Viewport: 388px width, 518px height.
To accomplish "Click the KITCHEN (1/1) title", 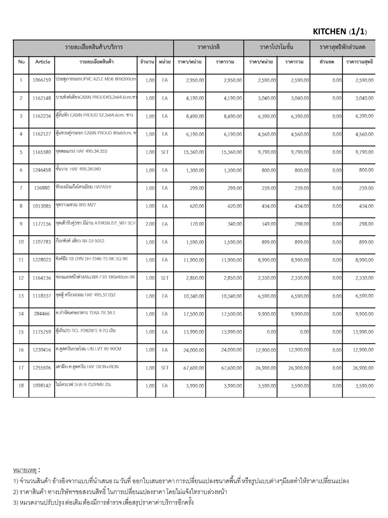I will coord(339,32).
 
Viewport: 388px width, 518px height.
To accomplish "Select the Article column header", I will coord(43,62).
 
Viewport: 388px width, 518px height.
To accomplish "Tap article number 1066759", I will coord(42,80).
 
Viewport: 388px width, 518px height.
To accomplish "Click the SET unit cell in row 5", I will coord(165,152).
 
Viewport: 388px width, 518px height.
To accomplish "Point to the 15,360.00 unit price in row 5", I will coord(194,152).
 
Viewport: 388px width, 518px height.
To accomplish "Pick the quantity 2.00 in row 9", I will coord(150,224).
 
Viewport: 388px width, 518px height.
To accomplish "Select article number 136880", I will coord(42,188).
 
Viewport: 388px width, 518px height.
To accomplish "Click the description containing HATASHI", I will coord(83,187).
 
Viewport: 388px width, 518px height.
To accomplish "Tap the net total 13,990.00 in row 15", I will coord(363,332).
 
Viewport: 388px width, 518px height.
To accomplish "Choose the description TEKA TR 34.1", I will coord(85,313).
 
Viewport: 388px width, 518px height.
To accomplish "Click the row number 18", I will coord(21,386).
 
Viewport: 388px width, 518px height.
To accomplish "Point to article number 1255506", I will coord(42,368).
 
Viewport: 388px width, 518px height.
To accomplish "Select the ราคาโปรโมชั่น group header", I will coord(277,47).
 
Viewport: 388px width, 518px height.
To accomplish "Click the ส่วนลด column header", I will coord(327,62).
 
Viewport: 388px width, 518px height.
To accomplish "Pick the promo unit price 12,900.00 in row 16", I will coord(265,350).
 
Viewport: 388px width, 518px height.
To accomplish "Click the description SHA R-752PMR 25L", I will coord(84,385).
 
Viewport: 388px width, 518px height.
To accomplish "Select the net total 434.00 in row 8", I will coord(366,206).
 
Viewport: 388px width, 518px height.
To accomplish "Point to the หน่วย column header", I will coord(165,62).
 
